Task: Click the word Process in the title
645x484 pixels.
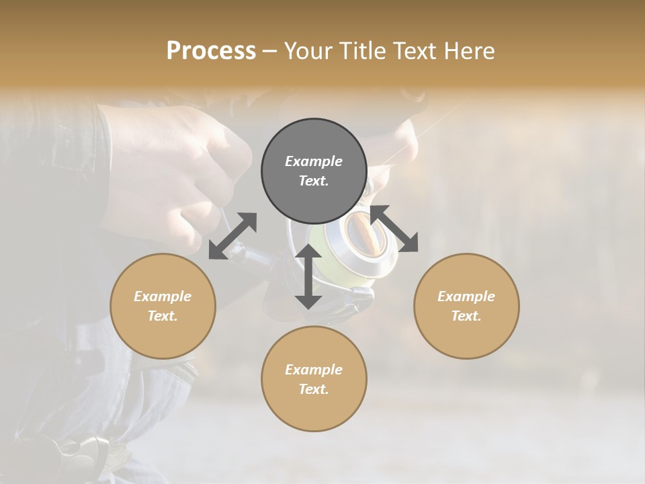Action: click(211, 51)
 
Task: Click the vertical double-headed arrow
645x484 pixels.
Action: click(308, 276)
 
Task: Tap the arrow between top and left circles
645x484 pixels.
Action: click(232, 236)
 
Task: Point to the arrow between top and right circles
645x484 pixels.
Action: click(394, 229)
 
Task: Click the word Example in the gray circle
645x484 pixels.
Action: click(314, 161)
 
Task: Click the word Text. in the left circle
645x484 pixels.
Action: click(163, 316)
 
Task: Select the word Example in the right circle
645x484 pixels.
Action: click(466, 296)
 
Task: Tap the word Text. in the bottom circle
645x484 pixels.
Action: click(314, 389)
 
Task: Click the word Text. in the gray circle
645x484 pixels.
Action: click(314, 181)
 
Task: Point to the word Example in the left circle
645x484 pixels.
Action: click(163, 296)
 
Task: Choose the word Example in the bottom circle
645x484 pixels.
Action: click(314, 370)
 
